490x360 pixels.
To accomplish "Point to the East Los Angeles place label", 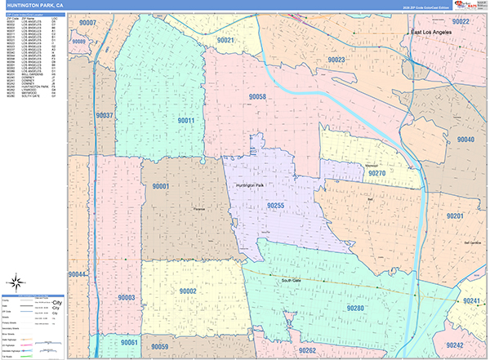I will click(x=430, y=32).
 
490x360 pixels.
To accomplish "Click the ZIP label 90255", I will click(x=275, y=207).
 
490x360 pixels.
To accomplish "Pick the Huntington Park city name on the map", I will click(x=250, y=186).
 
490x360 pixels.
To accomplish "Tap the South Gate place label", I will click(x=292, y=281).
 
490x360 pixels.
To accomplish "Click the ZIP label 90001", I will click(x=160, y=187).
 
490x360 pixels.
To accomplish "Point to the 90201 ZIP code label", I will click(x=455, y=216).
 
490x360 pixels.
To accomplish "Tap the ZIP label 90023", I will click(x=336, y=60).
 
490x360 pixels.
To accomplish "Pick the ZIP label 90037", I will click(x=105, y=115).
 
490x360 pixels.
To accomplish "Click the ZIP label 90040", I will click(x=465, y=140).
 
